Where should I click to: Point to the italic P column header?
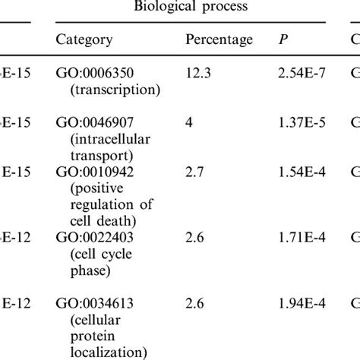pos(284,39)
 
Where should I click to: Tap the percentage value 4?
pos(189,122)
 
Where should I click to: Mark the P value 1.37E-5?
pos(304,122)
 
